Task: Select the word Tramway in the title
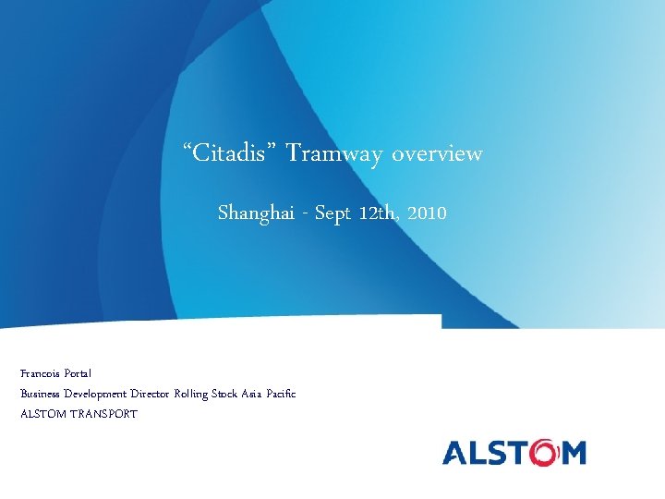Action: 333,153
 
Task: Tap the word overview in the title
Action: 436,152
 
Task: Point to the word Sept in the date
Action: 333,213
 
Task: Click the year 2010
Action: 427,213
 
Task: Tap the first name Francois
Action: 40,373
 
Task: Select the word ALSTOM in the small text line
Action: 42,414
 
